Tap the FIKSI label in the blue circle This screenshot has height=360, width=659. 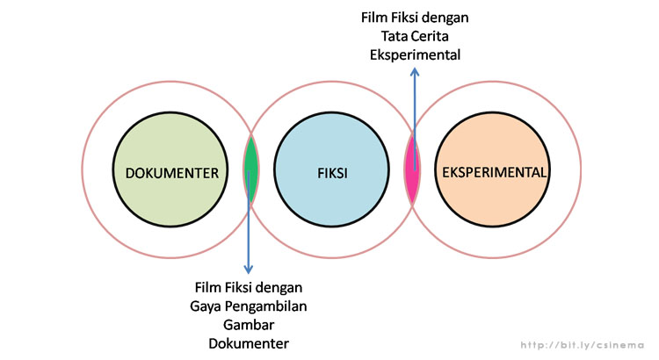click(x=331, y=172)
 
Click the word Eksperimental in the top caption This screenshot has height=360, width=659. click(x=414, y=54)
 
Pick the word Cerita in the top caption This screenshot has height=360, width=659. click(x=431, y=36)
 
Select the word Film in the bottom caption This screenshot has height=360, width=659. click(x=210, y=288)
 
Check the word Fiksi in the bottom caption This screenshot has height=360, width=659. click(x=243, y=288)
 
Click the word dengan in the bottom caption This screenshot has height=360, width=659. click(x=282, y=288)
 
